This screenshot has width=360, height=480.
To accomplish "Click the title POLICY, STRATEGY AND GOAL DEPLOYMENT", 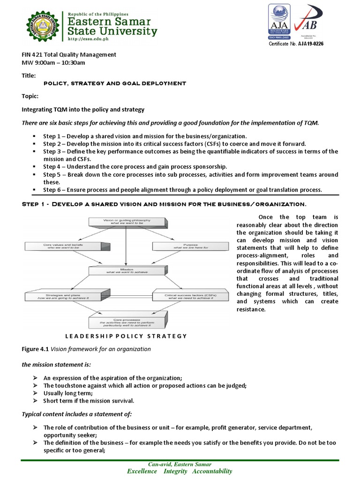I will tap(114, 83).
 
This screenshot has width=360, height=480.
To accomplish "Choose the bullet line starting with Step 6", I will tap(182, 190).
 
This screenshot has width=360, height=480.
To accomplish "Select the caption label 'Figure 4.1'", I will tap(35, 349).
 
